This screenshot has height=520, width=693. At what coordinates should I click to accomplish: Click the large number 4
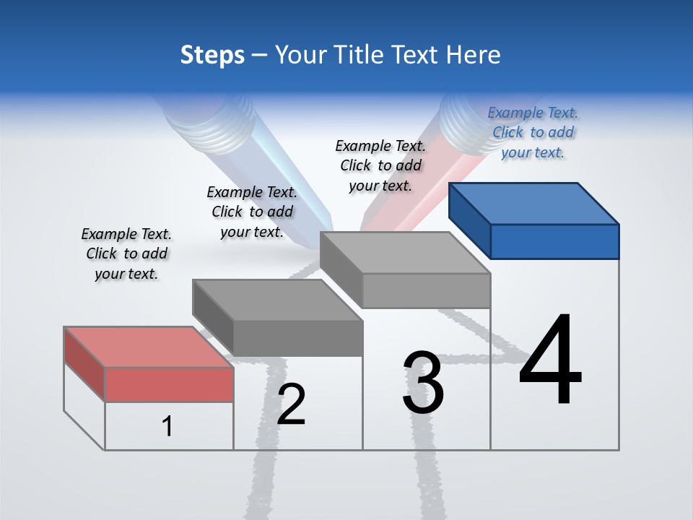pyautogui.click(x=550, y=362)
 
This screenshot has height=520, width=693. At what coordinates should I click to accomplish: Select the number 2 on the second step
pyautogui.click(x=292, y=404)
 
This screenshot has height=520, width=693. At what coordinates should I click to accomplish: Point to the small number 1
pyautogui.click(x=167, y=427)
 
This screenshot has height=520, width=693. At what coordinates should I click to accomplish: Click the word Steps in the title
pyautogui.click(x=212, y=55)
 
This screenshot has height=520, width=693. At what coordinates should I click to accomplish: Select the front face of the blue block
pyautogui.click(x=554, y=241)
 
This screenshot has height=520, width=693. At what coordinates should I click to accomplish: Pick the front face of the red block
pyautogui.click(x=169, y=383)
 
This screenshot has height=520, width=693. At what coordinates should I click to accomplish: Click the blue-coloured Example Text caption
pyautogui.click(x=533, y=132)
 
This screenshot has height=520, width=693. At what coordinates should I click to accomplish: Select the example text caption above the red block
pyautogui.click(x=126, y=253)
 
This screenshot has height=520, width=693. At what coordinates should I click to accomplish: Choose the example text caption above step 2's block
pyautogui.click(x=252, y=212)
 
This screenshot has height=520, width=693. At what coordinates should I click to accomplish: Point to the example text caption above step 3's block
pyautogui.click(x=380, y=165)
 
